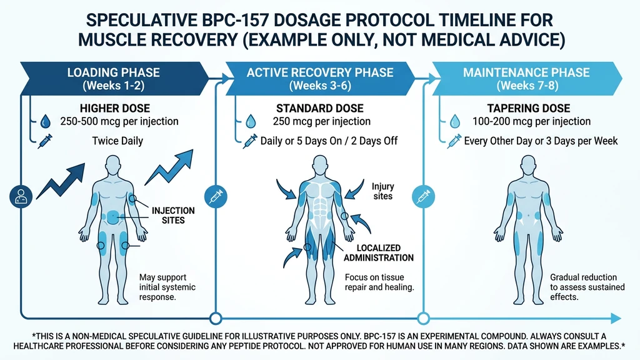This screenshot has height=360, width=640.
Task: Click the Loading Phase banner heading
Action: pos(114,78)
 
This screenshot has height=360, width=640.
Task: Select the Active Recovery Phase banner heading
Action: pos(320,78)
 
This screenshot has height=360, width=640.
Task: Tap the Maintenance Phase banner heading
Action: pos(526,78)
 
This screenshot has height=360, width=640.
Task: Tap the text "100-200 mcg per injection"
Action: pos(532,121)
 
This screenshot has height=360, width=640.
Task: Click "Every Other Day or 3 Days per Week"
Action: pos(541,141)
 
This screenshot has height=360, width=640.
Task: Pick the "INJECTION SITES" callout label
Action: pos(173,216)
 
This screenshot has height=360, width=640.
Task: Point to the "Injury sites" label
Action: pos(382,191)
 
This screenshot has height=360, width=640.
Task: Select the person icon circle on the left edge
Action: pos(18,196)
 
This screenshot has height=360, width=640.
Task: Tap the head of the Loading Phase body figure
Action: pos(113,166)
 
